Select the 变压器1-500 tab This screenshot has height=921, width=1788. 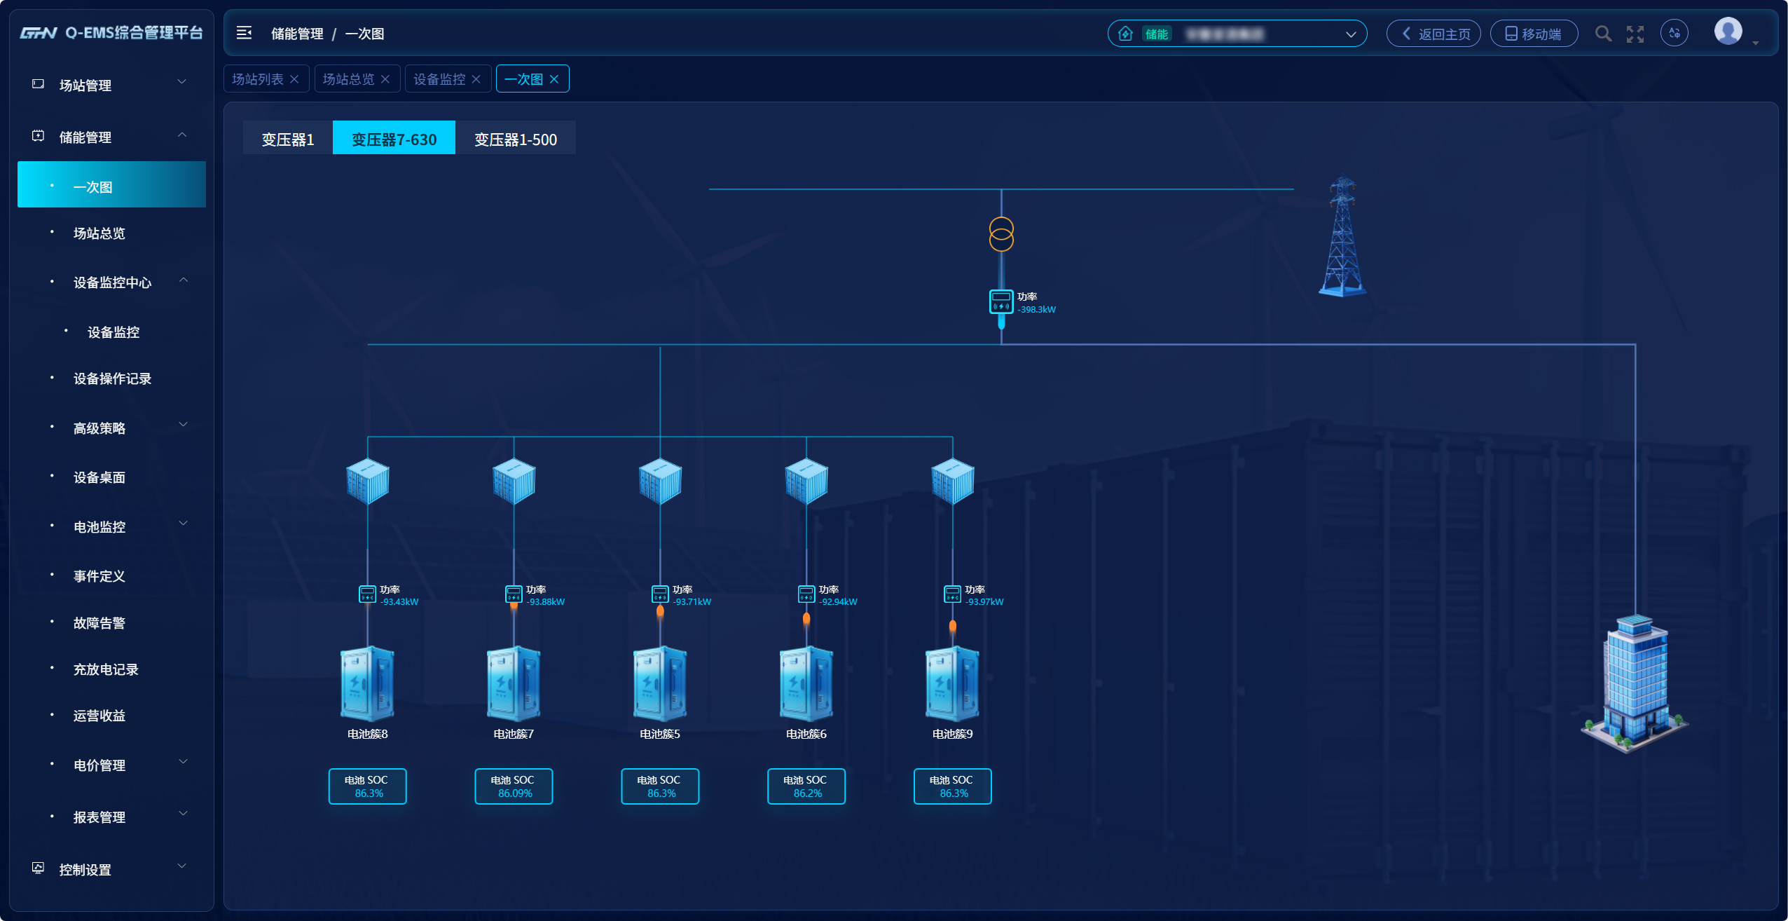coord(515,139)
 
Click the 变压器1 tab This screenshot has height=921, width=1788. coord(287,139)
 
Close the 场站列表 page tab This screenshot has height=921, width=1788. coord(295,79)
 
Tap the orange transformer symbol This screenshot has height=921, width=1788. coord(1001,234)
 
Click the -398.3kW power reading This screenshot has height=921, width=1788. coord(1037,310)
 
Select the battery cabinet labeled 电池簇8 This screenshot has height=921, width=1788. coord(367,683)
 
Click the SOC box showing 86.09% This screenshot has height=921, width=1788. coord(514,786)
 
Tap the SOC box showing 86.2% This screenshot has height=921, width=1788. coord(806,786)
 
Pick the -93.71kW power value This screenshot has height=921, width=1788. coord(692,602)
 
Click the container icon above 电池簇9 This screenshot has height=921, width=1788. coord(952,481)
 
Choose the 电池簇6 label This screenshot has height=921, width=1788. coord(806,734)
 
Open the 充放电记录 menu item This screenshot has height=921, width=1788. coord(106,669)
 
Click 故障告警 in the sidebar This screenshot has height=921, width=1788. coord(99,623)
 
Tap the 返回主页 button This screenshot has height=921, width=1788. coord(1433,34)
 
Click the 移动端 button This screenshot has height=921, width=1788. coord(1534,34)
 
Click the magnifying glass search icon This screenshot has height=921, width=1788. coord(1602,34)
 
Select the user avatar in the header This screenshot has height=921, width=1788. coord(1728,32)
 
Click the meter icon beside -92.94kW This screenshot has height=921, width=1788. coord(806,594)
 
